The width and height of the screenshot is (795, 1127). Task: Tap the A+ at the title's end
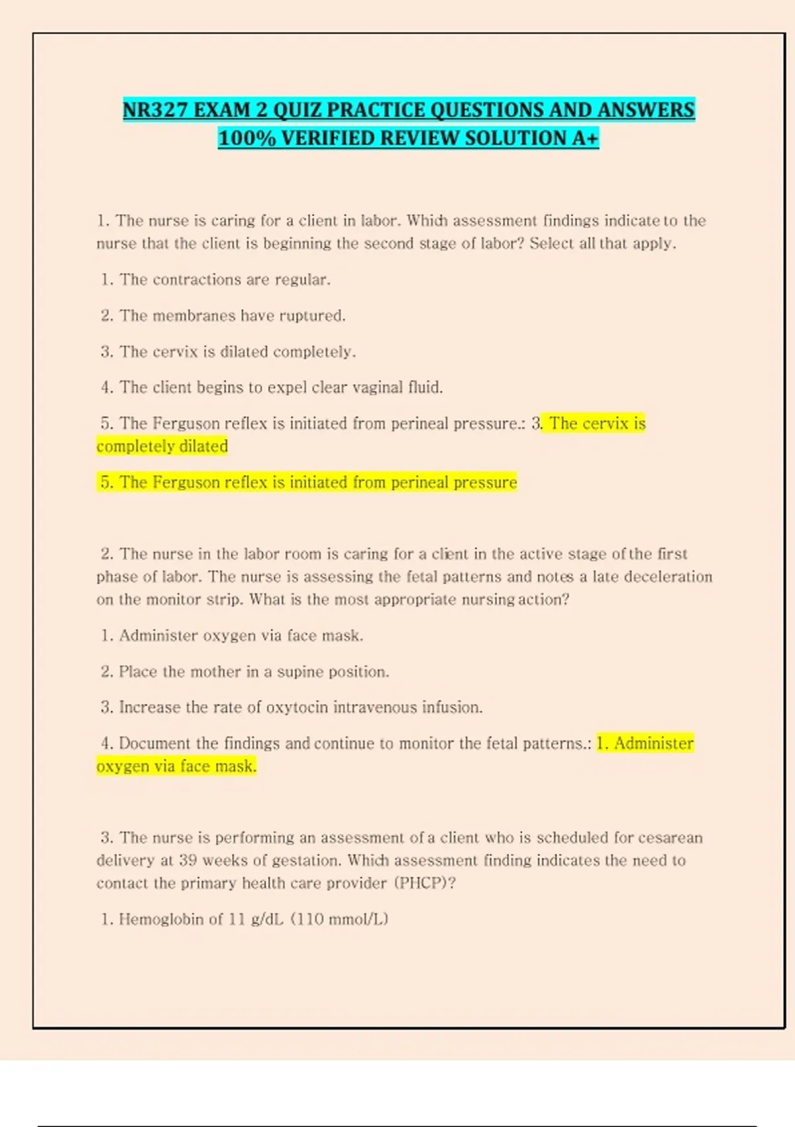click(x=586, y=138)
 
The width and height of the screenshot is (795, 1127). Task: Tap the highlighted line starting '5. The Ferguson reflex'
click(x=308, y=482)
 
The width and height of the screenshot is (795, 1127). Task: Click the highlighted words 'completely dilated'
click(x=162, y=446)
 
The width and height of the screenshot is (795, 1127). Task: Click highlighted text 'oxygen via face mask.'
click(x=176, y=766)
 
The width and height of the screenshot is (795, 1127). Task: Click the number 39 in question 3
click(x=187, y=860)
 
